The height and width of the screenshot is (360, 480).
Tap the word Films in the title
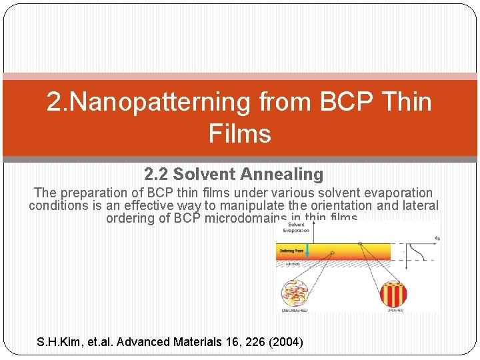[239, 133]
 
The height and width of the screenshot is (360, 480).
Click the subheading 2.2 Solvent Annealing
[233, 175]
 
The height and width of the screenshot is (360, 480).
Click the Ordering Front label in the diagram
[291, 251]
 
